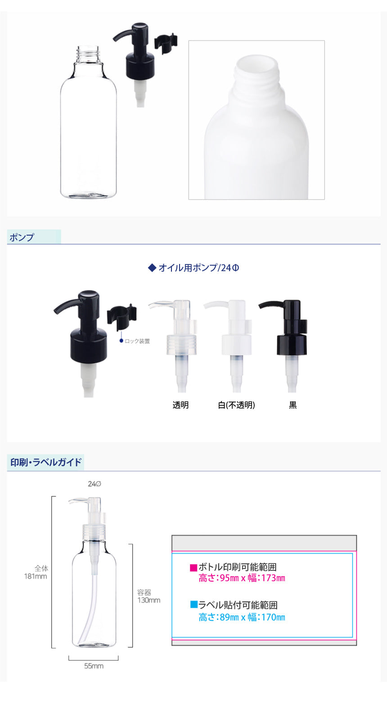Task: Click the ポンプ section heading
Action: pyautogui.click(x=22, y=237)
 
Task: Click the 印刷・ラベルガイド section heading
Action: pyautogui.click(x=46, y=462)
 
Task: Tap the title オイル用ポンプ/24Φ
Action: pyautogui.click(x=198, y=268)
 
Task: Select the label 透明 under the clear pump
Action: pyautogui.click(x=181, y=405)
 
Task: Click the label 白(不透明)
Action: pyautogui.click(x=236, y=405)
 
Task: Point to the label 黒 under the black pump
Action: pyautogui.click(x=292, y=405)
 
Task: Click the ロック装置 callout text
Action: pyautogui.click(x=137, y=341)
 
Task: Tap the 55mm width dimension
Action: pyautogui.click(x=94, y=666)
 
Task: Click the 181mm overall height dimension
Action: pyautogui.click(x=36, y=576)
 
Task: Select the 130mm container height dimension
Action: pyautogui.click(x=149, y=600)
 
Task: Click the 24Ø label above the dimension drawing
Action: pyautogui.click(x=94, y=484)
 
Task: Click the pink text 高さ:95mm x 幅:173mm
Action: pyautogui.click(x=242, y=578)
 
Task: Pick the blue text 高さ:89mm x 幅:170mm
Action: pyautogui.click(x=242, y=617)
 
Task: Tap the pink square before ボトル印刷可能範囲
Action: pyautogui.click(x=193, y=567)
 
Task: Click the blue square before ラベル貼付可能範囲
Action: pyautogui.click(x=194, y=604)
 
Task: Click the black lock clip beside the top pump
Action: pyautogui.click(x=166, y=43)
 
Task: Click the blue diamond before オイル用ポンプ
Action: pyautogui.click(x=152, y=268)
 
